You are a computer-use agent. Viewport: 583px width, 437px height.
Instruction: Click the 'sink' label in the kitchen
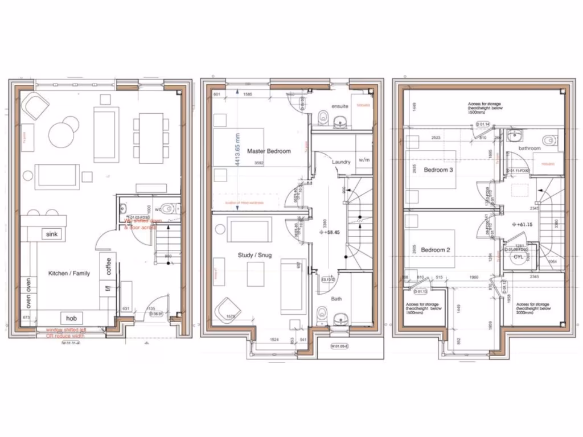pyautogui.click(x=52, y=234)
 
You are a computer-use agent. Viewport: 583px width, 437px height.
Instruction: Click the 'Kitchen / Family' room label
pyautogui.click(x=69, y=274)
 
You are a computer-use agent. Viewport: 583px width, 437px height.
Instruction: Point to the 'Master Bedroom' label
pyautogui.click(x=269, y=151)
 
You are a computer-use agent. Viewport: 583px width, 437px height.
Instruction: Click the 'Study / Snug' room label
pyautogui.click(x=254, y=255)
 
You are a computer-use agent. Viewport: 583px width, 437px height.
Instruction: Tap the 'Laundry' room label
pyautogui.click(x=341, y=162)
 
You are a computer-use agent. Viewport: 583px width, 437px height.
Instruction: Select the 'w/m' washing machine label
pyautogui.click(x=364, y=160)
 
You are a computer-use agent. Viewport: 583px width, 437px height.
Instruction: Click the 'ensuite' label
pyautogui.click(x=339, y=106)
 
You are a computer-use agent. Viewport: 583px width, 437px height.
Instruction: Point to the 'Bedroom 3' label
pyautogui.click(x=438, y=170)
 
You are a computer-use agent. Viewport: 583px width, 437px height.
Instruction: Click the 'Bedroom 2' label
pyautogui.click(x=436, y=250)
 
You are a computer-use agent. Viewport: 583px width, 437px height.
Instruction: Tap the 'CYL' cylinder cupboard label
pyautogui.click(x=518, y=257)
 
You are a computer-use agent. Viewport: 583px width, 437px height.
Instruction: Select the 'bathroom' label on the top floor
pyautogui.click(x=529, y=148)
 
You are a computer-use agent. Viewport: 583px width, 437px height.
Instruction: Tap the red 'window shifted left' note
pyautogui.click(x=67, y=330)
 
